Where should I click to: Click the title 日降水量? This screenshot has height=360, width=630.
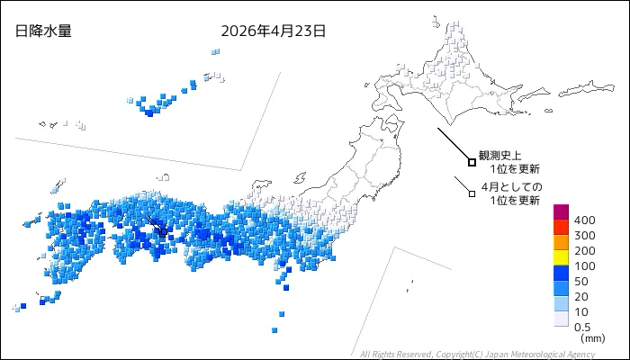tap(43, 31)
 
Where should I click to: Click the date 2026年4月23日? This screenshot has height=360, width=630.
tap(273, 31)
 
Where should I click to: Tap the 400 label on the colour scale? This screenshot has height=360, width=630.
tap(584, 220)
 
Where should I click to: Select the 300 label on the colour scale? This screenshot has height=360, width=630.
tap(584, 236)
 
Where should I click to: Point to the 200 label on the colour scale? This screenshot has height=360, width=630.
tap(584, 251)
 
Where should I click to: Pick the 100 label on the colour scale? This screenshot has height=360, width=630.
tap(584, 266)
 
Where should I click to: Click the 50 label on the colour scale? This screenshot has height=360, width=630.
tap(581, 282)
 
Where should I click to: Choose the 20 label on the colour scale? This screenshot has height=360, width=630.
tap(581, 297)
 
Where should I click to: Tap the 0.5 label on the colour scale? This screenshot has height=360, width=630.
tap(582, 327)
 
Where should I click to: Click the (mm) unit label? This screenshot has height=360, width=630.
tap(592, 338)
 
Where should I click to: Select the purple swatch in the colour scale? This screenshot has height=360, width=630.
tap(561, 212)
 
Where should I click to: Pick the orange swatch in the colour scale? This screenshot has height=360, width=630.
tap(561, 243)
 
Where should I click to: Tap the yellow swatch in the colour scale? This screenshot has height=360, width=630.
tap(561, 258)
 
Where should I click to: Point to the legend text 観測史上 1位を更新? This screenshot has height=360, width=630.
tap(509, 162)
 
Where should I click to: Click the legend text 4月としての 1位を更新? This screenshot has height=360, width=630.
tap(511, 193)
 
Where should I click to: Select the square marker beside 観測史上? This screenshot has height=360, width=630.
tap(472, 162)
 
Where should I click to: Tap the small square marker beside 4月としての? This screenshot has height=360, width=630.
tap(472, 193)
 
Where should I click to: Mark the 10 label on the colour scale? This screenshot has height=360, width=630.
tap(581, 312)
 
